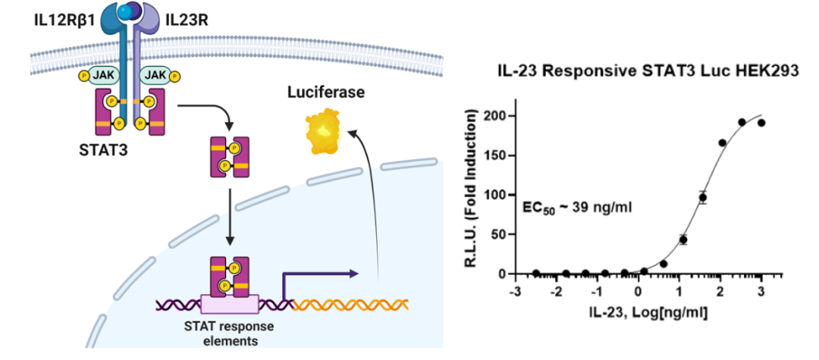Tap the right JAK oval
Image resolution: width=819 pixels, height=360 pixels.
156,75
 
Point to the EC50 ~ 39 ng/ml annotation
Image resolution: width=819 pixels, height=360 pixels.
567,205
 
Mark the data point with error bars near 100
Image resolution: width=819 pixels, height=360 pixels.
702,198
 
